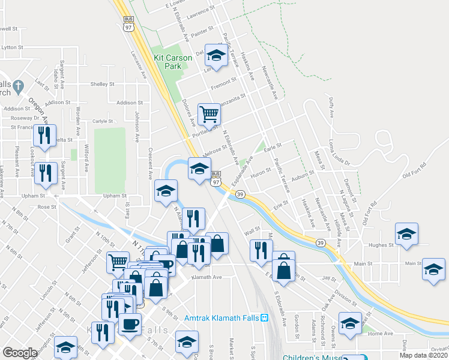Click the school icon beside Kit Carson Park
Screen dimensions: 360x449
pyautogui.click(x=215, y=56)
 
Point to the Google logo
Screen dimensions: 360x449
pyautogui.click(x=20, y=353)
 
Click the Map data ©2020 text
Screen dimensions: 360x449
pyautogui.click(x=423, y=355)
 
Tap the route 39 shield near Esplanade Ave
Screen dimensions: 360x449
pyautogui.click(x=240, y=194)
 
